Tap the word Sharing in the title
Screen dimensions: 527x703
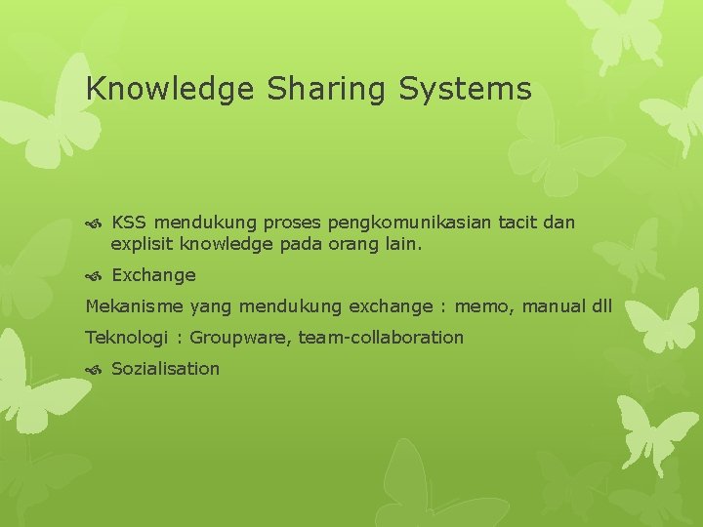pyautogui.click(x=318, y=90)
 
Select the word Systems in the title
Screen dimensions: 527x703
pyautogui.click(x=465, y=90)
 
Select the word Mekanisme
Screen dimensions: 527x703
pyautogui.click(x=135, y=306)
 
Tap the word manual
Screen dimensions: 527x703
pyautogui.click(x=554, y=306)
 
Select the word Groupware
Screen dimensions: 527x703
pyautogui.click(x=237, y=338)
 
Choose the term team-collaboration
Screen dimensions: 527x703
pyautogui.click(x=381, y=338)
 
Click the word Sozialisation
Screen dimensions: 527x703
pyautogui.click(x=166, y=369)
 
